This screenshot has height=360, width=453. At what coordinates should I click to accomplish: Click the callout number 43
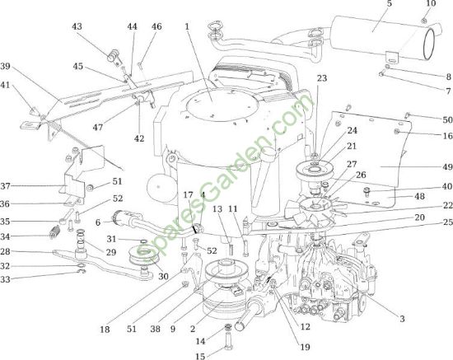coord(77,26)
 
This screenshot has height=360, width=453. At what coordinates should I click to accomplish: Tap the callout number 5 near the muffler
coord(389,4)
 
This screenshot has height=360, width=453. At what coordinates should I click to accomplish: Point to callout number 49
coord(447,167)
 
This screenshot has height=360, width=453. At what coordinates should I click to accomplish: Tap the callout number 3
coord(402,319)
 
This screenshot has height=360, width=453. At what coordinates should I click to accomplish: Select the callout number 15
coord(200,356)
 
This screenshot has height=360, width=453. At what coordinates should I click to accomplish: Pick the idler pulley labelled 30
coord(143,256)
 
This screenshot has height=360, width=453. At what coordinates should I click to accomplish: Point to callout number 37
coord(5,186)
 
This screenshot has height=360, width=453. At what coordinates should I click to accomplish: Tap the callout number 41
coord(5,85)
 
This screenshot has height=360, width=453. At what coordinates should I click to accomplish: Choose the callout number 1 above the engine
coord(187,26)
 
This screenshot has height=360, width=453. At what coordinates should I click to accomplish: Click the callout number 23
coord(321,78)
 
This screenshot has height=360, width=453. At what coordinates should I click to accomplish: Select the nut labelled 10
coord(424,21)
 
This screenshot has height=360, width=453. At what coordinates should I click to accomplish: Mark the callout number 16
coord(447,135)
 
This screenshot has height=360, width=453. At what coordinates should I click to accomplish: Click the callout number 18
coord(105,329)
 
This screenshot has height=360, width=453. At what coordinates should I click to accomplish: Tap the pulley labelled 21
coord(314,170)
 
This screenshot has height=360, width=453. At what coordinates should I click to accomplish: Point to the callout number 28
coord(5,251)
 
